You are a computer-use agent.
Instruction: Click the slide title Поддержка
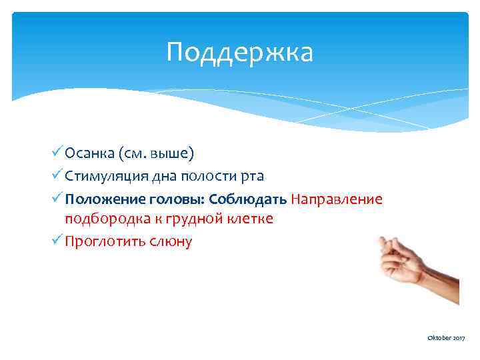pos(239,53)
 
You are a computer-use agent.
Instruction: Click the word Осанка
pos(91,154)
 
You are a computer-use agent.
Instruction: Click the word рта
pos(252,176)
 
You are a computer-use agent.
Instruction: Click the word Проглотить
pos(103,241)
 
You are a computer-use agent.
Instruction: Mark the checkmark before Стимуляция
pos(58,175)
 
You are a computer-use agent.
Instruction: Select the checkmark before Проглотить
pos(58,241)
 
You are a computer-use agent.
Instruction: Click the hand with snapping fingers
pos(413,263)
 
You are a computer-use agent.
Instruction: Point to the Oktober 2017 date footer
pos(446,339)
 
